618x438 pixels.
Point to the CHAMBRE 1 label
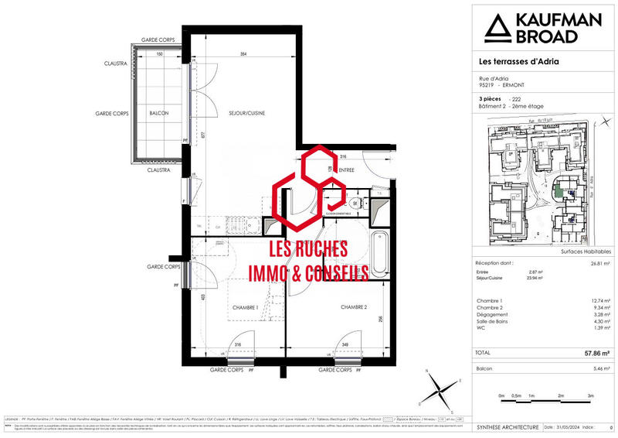[x=245, y=307]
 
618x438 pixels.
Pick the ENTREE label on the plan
[x=346, y=169]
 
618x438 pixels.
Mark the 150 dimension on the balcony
[x=160, y=55]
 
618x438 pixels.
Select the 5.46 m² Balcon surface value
[x=599, y=368]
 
